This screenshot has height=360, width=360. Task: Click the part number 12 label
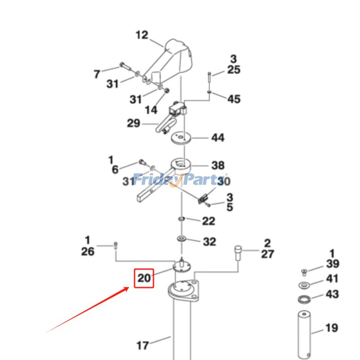142,35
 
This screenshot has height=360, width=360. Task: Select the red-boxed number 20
144,278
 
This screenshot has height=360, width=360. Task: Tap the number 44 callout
218,138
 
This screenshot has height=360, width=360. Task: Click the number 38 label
218,166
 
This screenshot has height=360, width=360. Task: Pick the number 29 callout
133,123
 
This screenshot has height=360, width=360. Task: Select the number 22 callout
208,221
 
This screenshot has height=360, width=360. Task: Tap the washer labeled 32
182,238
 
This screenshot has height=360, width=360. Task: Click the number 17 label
143,346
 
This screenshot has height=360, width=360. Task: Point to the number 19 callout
332,328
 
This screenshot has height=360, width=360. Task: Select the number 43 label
332,295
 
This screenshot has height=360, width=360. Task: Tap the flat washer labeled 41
305,285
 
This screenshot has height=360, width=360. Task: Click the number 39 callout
332,264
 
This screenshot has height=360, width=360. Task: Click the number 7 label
97,74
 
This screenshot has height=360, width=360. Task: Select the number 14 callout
151,110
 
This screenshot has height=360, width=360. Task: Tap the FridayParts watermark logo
180,180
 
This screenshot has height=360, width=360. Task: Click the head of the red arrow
129,287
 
